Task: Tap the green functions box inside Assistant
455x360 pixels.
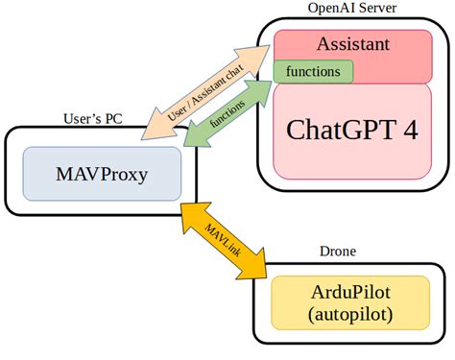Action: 313,71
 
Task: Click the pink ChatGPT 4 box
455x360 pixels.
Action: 353,131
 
